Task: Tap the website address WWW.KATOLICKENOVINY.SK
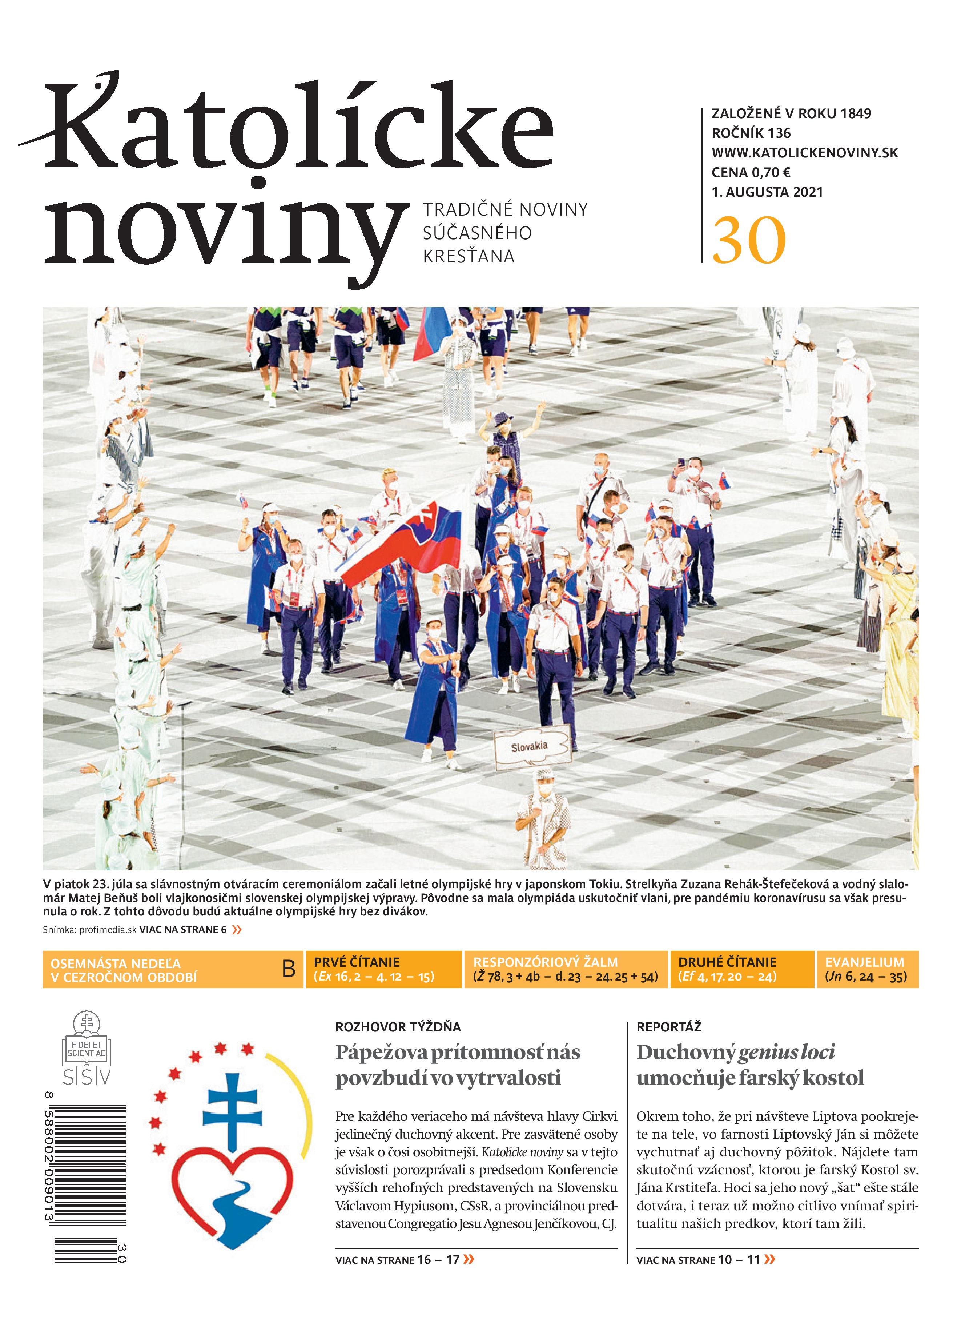click(x=805, y=153)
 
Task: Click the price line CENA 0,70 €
click(x=751, y=173)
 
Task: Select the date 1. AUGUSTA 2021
click(x=767, y=192)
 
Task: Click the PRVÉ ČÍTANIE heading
click(x=356, y=962)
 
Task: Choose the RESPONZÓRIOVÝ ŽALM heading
click(x=545, y=962)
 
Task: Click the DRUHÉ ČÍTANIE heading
click(x=727, y=962)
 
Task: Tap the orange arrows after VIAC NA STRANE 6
click(x=237, y=930)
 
